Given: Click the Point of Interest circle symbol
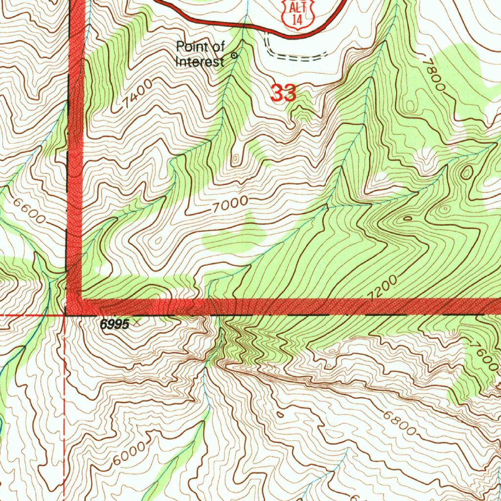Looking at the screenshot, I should tap(234, 55).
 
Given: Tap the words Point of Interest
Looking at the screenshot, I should tap(201, 54).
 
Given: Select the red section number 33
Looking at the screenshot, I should tap(283, 93).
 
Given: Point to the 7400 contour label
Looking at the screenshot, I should tap(138, 94).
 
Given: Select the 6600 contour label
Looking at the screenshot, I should tap(29, 211).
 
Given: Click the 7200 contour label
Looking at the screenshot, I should tap(383, 288).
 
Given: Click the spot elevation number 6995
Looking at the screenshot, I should tap(115, 324).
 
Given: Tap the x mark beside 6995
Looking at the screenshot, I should tap(136, 321).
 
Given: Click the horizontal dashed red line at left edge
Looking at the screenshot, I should tap(29, 316).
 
